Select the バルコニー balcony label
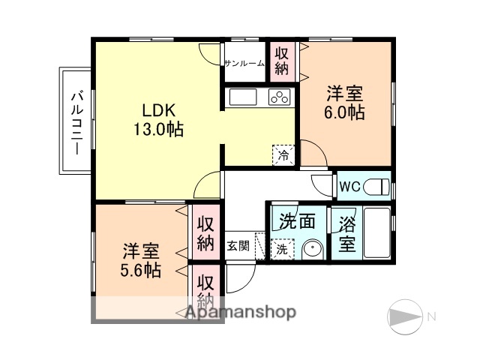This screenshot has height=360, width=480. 77,121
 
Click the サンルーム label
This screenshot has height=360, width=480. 244,63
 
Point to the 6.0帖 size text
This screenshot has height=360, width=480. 346,114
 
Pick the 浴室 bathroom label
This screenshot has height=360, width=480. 347,233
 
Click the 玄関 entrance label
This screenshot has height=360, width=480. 238,245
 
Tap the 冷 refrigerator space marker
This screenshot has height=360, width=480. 283,156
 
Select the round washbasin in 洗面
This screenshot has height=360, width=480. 311,249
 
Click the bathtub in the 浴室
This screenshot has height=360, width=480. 376,232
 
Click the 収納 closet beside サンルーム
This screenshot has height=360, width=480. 282,61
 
